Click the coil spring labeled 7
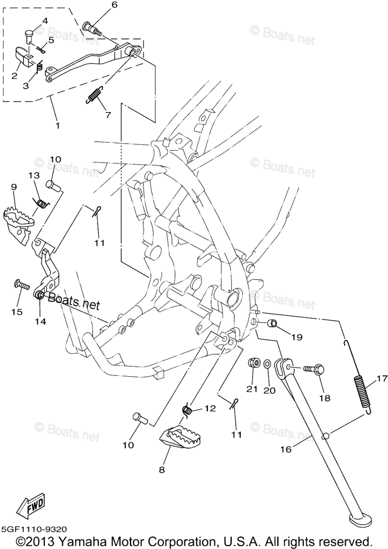[x=94, y=95]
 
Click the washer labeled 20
[x=267, y=365]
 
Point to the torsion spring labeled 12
[x=187, y=410]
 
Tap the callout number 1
[x=57, y=124]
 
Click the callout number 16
[x=286, y=449]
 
